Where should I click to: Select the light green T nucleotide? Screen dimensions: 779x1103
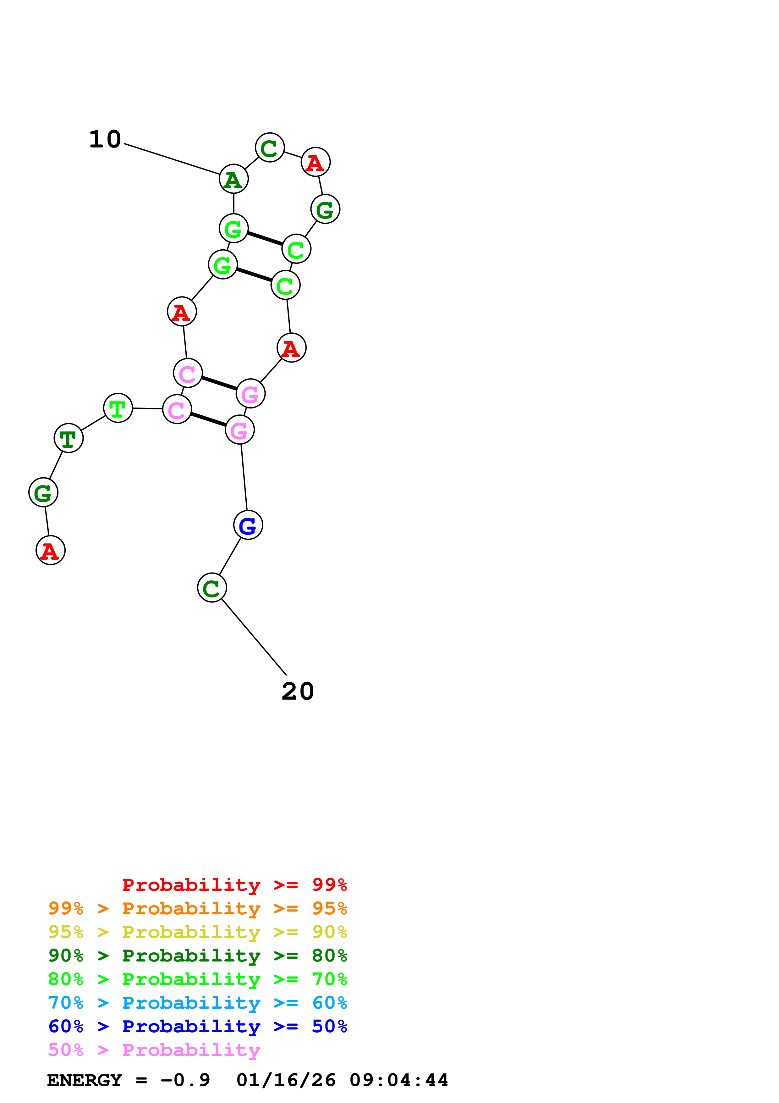[x=118, y=408]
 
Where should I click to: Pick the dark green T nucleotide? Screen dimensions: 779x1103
[x=69, y=438]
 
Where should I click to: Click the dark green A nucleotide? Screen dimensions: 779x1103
[x=233, y=179]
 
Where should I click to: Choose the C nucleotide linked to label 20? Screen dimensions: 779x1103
[x=212, y=588]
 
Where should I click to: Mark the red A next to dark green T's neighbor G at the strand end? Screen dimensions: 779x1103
[x=50, y=551]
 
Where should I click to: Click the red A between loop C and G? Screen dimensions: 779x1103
[x=315, y=162]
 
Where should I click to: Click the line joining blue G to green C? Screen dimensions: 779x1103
[x=230, y=556]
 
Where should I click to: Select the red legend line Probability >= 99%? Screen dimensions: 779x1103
[x=234, y=884]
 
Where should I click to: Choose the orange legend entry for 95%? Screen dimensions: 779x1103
[x=197, y=908]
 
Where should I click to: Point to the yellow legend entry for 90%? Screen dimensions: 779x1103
[x=197, y=932]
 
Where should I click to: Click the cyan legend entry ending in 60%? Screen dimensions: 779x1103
[x=197, y=1003]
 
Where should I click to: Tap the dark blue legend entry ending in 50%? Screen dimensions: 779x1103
[x=197, y=1026]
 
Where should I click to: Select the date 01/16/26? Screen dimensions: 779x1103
[x=286, y=1080]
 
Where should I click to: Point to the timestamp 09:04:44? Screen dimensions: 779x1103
[x=398, y=1080]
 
